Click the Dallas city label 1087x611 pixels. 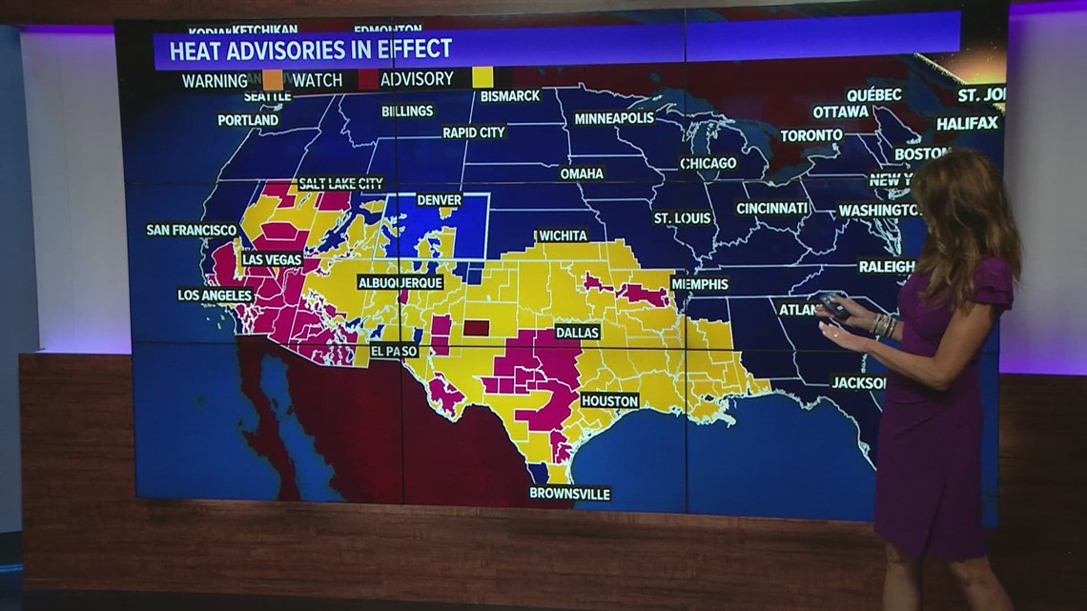point(577,333)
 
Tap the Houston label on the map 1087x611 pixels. point(609,401)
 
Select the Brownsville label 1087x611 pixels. point(570,494)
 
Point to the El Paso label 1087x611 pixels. point(395,351)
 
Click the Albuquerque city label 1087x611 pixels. point(400,283)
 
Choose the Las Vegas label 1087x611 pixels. point(272,259)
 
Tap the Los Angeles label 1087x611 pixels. point(215,295)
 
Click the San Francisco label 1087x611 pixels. point(192,230)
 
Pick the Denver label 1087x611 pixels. point(440,200)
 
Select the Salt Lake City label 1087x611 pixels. point(341,183)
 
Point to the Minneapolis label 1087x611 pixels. point(614,118)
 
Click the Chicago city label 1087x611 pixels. point(708,163)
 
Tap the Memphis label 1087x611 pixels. point(700,284)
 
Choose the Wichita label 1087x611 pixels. point(563,235)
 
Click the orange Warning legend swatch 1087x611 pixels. point(273,80)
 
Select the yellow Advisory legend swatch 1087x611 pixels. point(482,78)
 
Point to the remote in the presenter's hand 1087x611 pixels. point(832,304)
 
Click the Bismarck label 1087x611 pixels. point(510,95)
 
